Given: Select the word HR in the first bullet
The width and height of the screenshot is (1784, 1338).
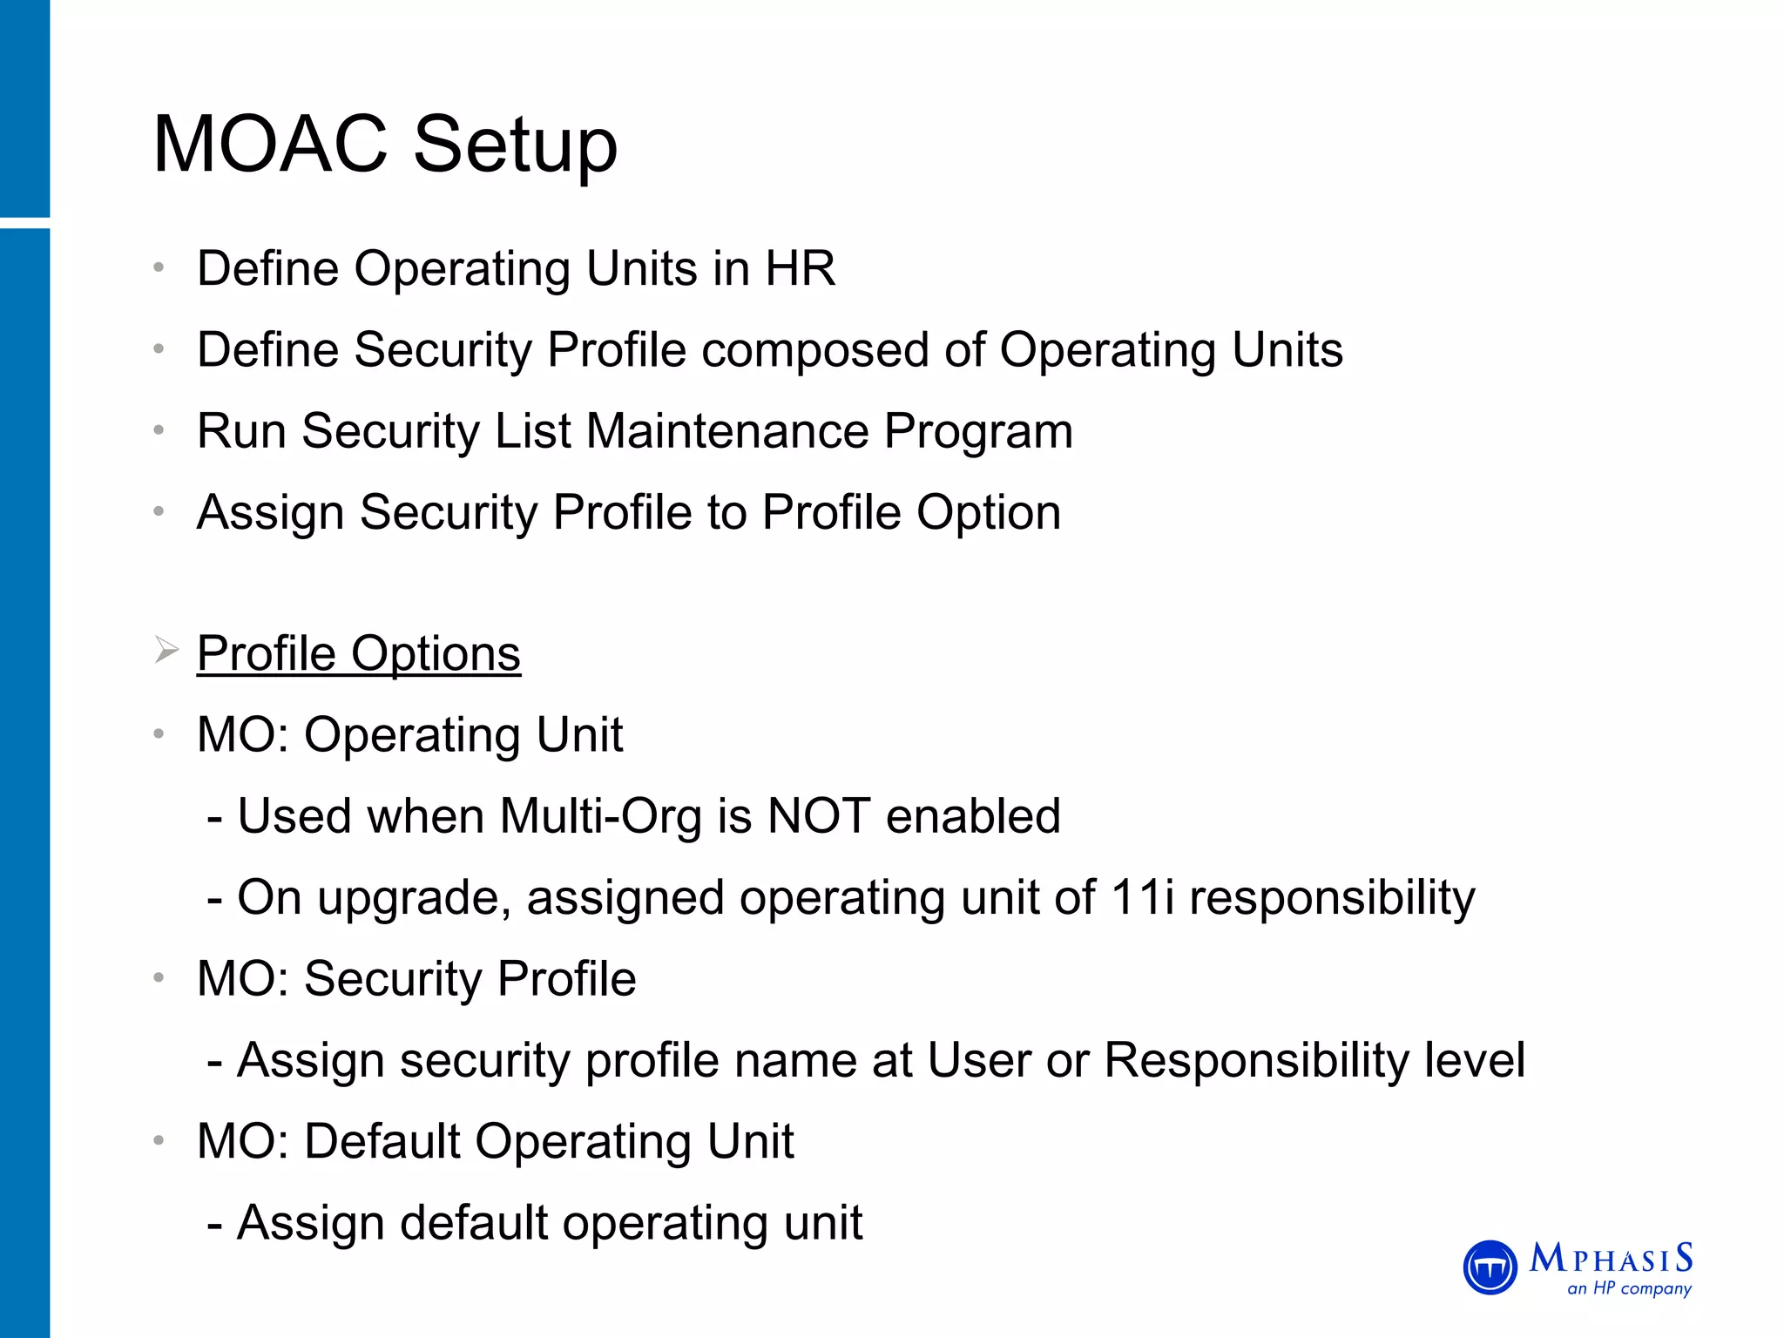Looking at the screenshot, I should click(x=800, y=268).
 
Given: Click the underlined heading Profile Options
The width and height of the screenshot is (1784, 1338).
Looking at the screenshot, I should click(x=358, y=653).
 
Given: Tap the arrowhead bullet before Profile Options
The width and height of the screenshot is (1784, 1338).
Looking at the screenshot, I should click(x=166, y=650).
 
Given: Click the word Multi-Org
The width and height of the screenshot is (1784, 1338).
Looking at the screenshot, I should click(x=600, y=816).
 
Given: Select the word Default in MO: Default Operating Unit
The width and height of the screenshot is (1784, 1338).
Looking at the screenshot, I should click(x=382, y=1141).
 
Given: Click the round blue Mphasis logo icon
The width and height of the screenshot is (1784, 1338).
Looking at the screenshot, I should click(x=1490, y=1267).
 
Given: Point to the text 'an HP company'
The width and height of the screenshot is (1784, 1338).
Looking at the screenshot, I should click(x=1629, y=1288).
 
